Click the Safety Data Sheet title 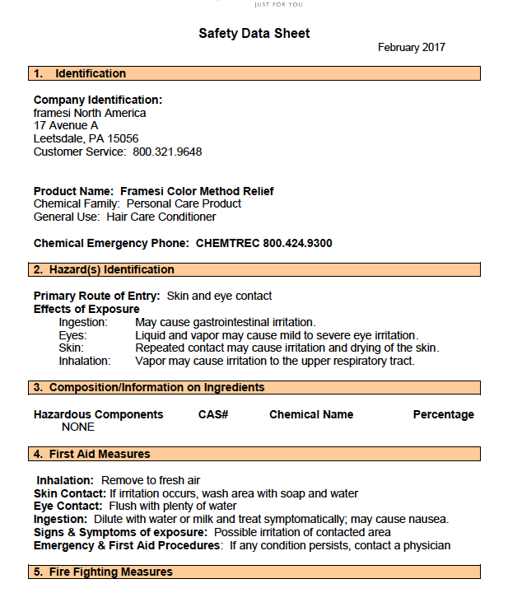[x=254, y=34]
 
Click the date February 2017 [x=411, y=48]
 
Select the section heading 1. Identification [x=79, y=74]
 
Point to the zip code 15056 [x=123, y=139]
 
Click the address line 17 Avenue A [x=66, y=126]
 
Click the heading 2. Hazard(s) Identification [x=104, y=269]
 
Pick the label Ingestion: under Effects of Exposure [x=83, y=322]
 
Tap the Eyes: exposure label [x=72, y=335]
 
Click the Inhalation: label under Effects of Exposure [x=83, y=361]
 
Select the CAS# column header [x=213, y=414]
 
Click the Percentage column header [x=443, y=414]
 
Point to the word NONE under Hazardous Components [x=78, y=427]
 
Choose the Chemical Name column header [x=311, y=414]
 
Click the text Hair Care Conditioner [x=161, y=217]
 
